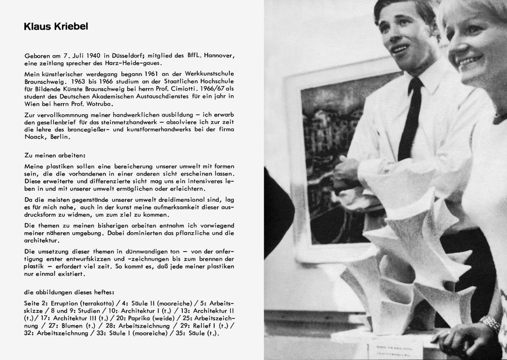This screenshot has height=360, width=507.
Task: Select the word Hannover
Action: click(221, 57)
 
